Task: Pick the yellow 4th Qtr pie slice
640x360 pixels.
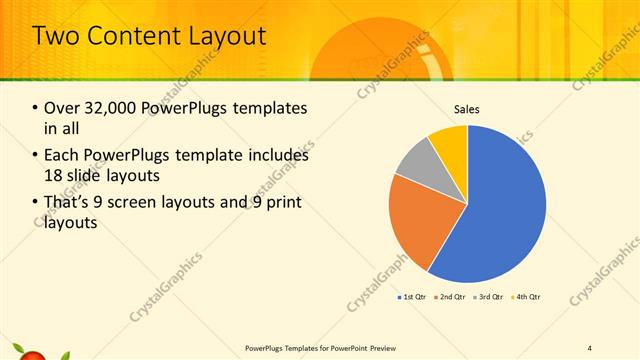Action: (x=451, y=141)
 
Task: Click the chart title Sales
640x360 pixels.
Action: (x=467, y=109)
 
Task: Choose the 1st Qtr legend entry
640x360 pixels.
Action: (x=414, y=297)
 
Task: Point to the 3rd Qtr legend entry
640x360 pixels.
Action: (x=490, y=297)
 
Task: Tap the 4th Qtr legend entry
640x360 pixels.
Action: (x=527, y=297)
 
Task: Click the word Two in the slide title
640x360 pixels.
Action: (x=60, y=37)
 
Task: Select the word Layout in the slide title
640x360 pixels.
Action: (x=229, y=37)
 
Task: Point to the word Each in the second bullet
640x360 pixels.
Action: (x=63, y=155)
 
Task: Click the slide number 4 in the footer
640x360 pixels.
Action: (x=590, y=347)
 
